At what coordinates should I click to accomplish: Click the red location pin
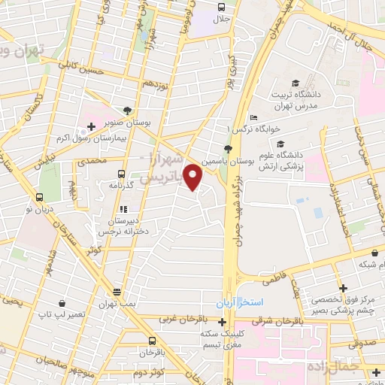[193, 177]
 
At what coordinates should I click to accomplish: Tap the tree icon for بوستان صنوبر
[126, 111]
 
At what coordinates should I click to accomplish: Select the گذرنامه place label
[120, 184]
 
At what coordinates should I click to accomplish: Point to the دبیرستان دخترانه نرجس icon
[121, 209]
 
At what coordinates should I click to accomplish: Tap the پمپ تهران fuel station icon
[117, 292]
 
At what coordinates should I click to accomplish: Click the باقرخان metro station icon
[151, 339]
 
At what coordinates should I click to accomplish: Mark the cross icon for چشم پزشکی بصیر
[343, 288]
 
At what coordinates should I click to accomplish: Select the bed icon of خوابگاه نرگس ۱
[253, 118]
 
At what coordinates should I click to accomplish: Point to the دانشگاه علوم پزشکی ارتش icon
[280, 144]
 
